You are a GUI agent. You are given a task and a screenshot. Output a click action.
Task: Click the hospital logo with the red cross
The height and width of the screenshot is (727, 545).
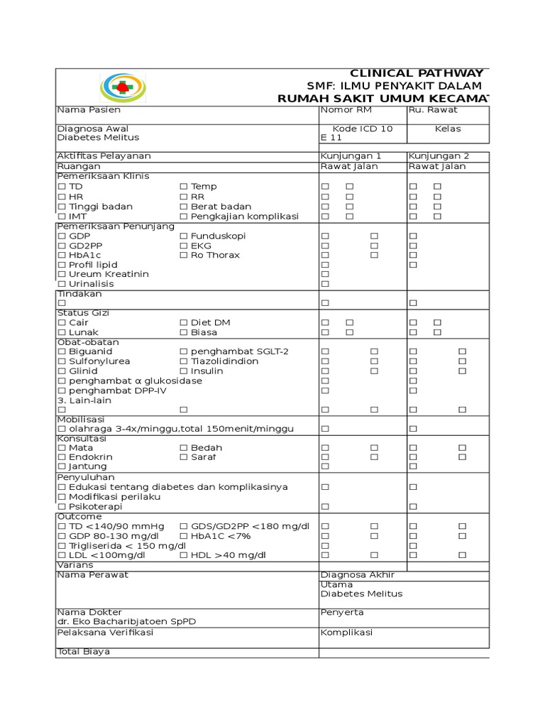point(124,87)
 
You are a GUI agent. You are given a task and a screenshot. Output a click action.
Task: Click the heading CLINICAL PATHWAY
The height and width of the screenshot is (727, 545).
point(417,74)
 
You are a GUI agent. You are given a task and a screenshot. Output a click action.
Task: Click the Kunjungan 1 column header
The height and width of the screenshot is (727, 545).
point(351,156)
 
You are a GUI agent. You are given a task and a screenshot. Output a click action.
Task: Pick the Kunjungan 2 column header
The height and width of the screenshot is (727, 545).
point(439,156)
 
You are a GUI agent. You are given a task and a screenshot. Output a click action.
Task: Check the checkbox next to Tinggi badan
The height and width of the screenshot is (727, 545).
point(62,207)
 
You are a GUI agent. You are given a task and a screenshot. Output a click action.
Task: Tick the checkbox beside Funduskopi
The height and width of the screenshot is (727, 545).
point(184,236)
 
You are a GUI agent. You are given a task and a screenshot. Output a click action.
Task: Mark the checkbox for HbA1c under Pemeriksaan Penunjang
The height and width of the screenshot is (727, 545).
point(62,255)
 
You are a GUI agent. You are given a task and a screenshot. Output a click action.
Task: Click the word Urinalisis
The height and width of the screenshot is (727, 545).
point(91,284)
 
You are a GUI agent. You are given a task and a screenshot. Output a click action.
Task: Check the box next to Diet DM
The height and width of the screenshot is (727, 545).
point(184,322)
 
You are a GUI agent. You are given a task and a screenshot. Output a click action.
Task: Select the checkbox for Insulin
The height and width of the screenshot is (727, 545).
point(184,371)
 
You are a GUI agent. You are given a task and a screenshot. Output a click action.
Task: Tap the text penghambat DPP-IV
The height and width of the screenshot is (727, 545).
point(118,390)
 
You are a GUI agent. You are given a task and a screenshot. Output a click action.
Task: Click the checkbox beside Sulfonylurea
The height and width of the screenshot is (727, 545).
point(62,361)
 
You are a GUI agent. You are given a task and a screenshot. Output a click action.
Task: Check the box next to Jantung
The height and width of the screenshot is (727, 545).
point(62,466)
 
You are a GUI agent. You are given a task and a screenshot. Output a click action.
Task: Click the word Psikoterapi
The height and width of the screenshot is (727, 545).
point(95,507)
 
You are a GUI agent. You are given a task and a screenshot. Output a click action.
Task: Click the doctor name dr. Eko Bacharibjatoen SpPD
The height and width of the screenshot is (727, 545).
point(126,621)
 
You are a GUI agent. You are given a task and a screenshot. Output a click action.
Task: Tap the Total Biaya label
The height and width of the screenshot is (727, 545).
point(84,652)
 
